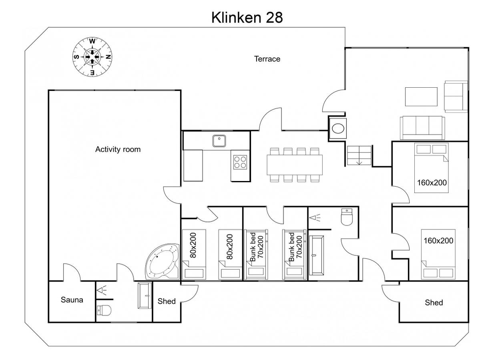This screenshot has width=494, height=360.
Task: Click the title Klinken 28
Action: point(247,18)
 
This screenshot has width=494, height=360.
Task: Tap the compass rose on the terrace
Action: point(92,57)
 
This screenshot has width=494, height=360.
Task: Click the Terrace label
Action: point(267,59)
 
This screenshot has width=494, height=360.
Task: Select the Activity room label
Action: point(118,149)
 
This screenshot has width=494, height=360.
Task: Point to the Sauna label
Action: point(72,300)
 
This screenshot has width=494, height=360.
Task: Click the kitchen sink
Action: point(219,141)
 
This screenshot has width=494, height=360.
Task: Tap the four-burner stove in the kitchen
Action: point(240,162)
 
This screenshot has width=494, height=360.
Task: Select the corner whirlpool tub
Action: point(163,261)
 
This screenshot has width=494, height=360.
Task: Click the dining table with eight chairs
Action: point(295,165)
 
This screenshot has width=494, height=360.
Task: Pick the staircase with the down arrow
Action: point(359,155)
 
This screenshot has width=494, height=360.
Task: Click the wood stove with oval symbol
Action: point(338,129)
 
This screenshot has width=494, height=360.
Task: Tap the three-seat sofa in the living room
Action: point(422,128)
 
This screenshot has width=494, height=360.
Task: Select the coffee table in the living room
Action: point(421,97)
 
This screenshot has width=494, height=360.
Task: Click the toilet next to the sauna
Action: point(104,310)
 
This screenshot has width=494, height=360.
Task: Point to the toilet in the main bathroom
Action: point(347,217)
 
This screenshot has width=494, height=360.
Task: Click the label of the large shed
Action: point(434,302)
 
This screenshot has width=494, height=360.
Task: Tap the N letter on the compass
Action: point(108,57)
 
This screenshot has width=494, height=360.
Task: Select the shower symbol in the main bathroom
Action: point(315,218)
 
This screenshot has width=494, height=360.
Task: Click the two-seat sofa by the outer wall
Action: point(456,97)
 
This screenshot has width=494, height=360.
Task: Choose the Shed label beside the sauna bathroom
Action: point(167,301)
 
